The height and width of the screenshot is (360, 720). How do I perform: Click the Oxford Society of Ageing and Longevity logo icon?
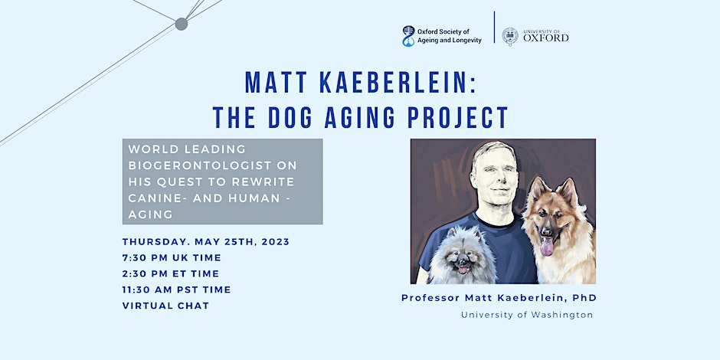[x=408, y=36]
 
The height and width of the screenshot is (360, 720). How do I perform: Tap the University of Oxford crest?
[x=509, y=37]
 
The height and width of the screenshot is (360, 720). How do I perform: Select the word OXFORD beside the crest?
[x=546, y=38]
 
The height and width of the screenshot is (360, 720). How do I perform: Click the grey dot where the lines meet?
[x=182, y=24]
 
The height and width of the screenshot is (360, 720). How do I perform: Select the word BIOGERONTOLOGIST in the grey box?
[x=213, y=165]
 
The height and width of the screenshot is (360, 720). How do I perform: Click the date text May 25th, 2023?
[x=242, y=242]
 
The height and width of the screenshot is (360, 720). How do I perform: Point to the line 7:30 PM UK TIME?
[x=172, y=258]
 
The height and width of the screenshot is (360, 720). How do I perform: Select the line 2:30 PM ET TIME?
[x=171, y=274]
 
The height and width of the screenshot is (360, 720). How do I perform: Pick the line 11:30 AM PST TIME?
[x=177, y=290]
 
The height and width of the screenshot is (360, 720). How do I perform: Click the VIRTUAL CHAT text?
[x=165, y=306]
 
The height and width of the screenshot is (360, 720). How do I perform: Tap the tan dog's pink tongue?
[x=546, y=247]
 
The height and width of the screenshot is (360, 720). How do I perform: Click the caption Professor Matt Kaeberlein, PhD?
[x=499, y=298]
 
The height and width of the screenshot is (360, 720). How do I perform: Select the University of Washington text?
[x=527, y=315]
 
